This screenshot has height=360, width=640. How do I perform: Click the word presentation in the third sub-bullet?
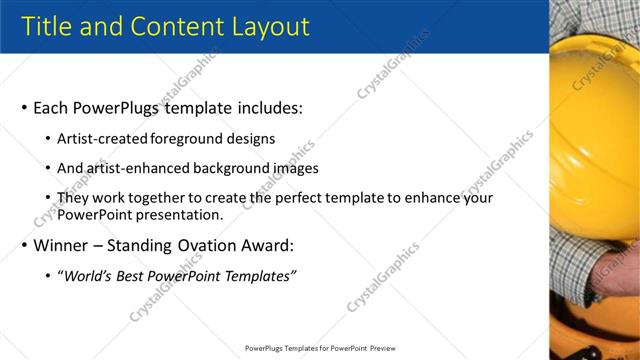[174, 214]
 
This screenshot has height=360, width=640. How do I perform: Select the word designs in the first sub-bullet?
[249, 139]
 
